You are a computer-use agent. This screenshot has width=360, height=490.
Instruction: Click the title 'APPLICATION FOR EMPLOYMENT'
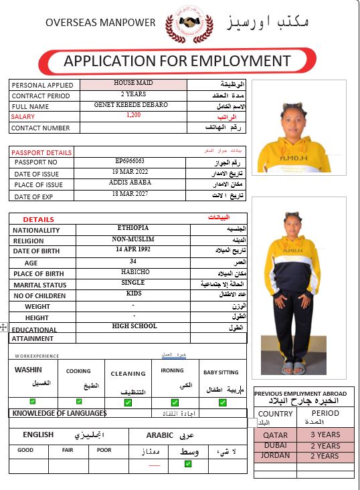pos(177,62)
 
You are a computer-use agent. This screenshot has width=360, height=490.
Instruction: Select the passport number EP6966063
pos(130,161)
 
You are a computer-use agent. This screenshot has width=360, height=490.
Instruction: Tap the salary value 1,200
pos(133,115)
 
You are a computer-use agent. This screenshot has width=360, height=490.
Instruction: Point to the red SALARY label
pos(23,116)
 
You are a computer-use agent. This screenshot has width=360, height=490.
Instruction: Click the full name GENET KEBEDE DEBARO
pos(131,105)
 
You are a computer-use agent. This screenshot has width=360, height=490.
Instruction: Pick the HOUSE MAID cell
pos(133,84)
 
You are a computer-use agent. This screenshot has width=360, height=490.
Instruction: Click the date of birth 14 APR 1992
pos(133,249)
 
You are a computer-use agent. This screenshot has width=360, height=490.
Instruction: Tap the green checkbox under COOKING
pos(79,402)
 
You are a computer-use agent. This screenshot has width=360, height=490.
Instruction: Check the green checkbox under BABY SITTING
pos(220,402)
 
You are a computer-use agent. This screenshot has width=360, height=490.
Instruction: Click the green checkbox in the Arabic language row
pos(188,463)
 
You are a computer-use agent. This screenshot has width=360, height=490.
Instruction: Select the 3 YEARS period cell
pos(325,435)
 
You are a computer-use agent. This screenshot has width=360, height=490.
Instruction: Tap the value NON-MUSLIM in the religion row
pos(133,239)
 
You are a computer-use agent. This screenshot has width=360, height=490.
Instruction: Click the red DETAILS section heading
pos(39,219)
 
